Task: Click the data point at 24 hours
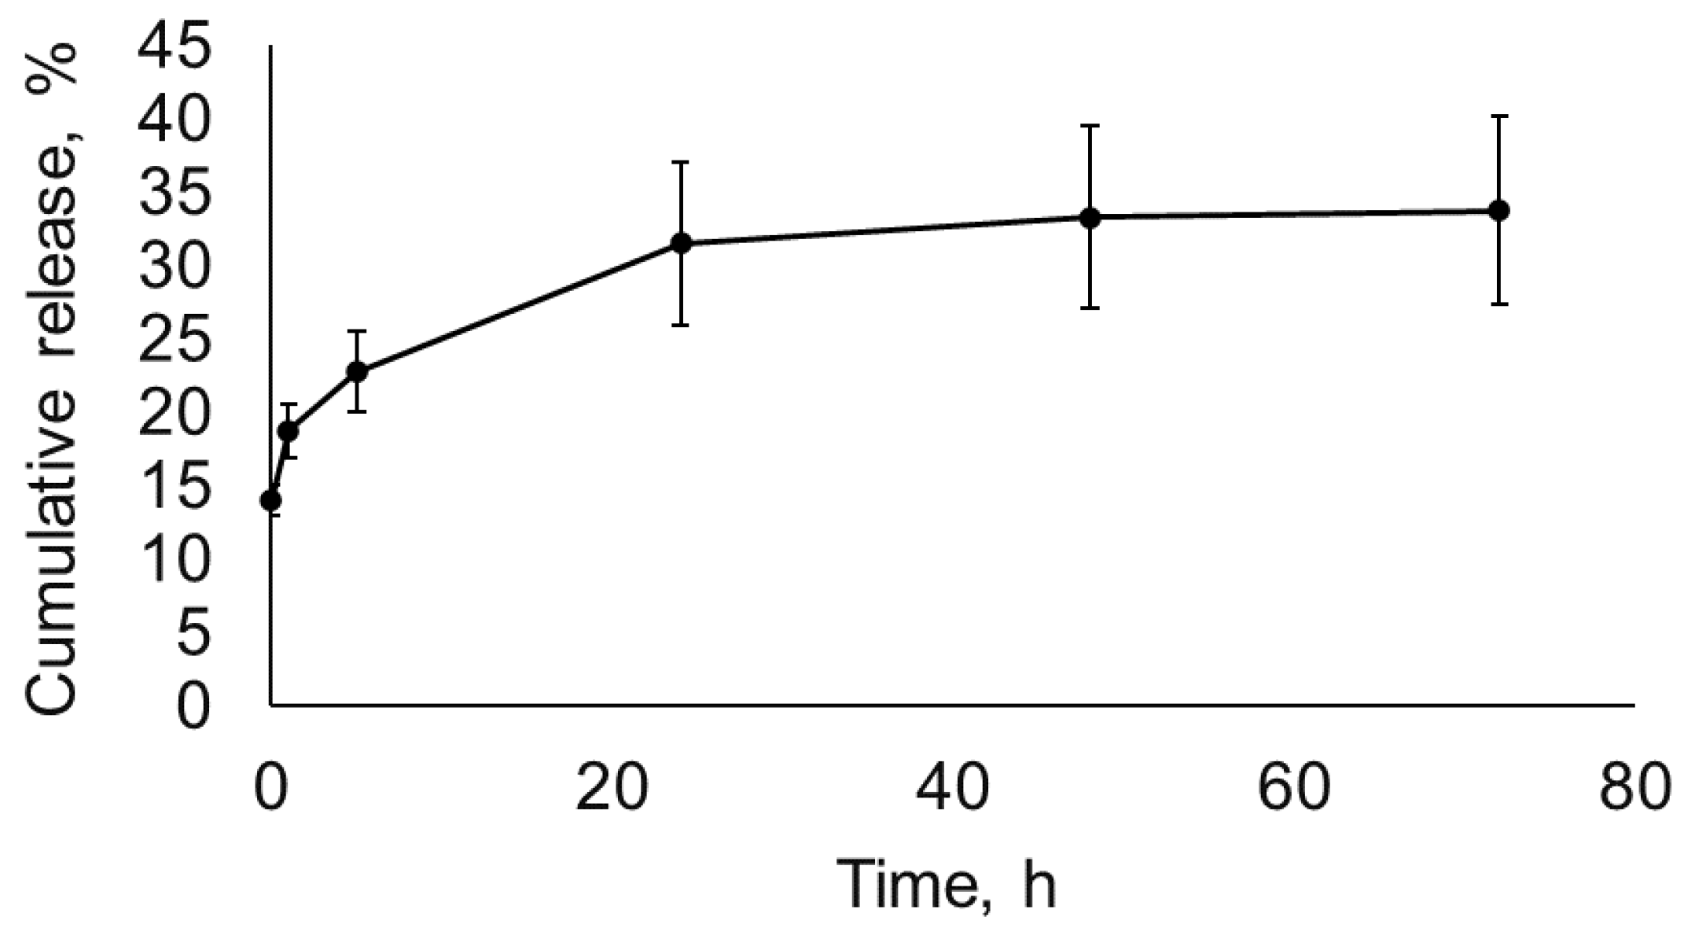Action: pos(681,243)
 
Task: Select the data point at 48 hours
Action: pos(1090,218)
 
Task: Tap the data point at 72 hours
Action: pos(1499,210)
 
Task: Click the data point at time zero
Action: pos(271,499)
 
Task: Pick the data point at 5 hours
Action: pos(357,370)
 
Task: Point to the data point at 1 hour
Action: pos(289,431)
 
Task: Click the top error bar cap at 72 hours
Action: pos(1499,116)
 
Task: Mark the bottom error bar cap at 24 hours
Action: pos(681,325)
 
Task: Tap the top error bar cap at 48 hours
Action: pos(1090,125)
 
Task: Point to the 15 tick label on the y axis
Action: pos(175,488)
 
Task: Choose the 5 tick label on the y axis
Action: pos(193,634)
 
